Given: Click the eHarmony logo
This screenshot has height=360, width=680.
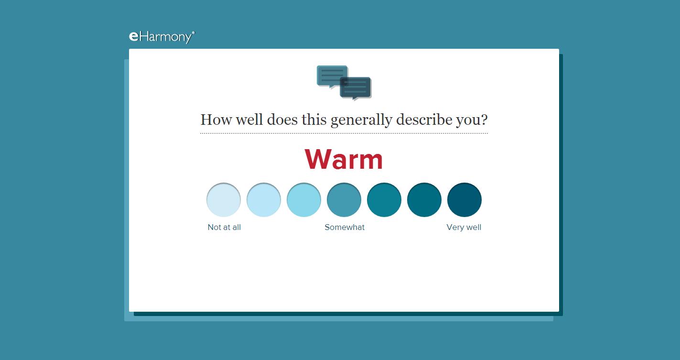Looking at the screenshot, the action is [x=162, y=37].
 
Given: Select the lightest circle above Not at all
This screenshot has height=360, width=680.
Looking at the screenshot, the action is [x=224, y=200].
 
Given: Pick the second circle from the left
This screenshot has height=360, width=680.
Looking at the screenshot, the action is [x=264, y=200].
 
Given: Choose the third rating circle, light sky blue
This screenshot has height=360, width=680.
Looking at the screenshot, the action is [x=304, y=200].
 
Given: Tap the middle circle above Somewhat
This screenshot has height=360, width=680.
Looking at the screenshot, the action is [x=344, y=200].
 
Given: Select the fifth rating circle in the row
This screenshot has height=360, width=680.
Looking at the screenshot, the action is [x=384, y=200].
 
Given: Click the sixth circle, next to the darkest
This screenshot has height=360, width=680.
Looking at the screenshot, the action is [x=424, y=200].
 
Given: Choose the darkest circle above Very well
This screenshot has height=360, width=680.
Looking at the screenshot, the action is [x=464, y=200].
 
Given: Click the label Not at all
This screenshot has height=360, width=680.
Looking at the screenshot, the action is [x=224, y=227].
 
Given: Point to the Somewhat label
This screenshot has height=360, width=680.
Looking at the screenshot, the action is [x=345, y=227].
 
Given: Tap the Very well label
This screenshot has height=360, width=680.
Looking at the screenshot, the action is [x=464, y=227].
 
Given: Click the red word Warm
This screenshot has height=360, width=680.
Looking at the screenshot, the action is [x=344, y=159].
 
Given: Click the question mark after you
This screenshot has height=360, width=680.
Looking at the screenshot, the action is [x=484, y=120].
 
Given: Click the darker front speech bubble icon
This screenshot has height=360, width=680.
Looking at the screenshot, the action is [x=356, y=88].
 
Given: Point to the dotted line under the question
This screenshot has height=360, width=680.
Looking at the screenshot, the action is [x=344, y=133].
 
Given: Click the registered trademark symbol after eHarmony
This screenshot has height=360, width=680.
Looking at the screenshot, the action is [x=194, y=32].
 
